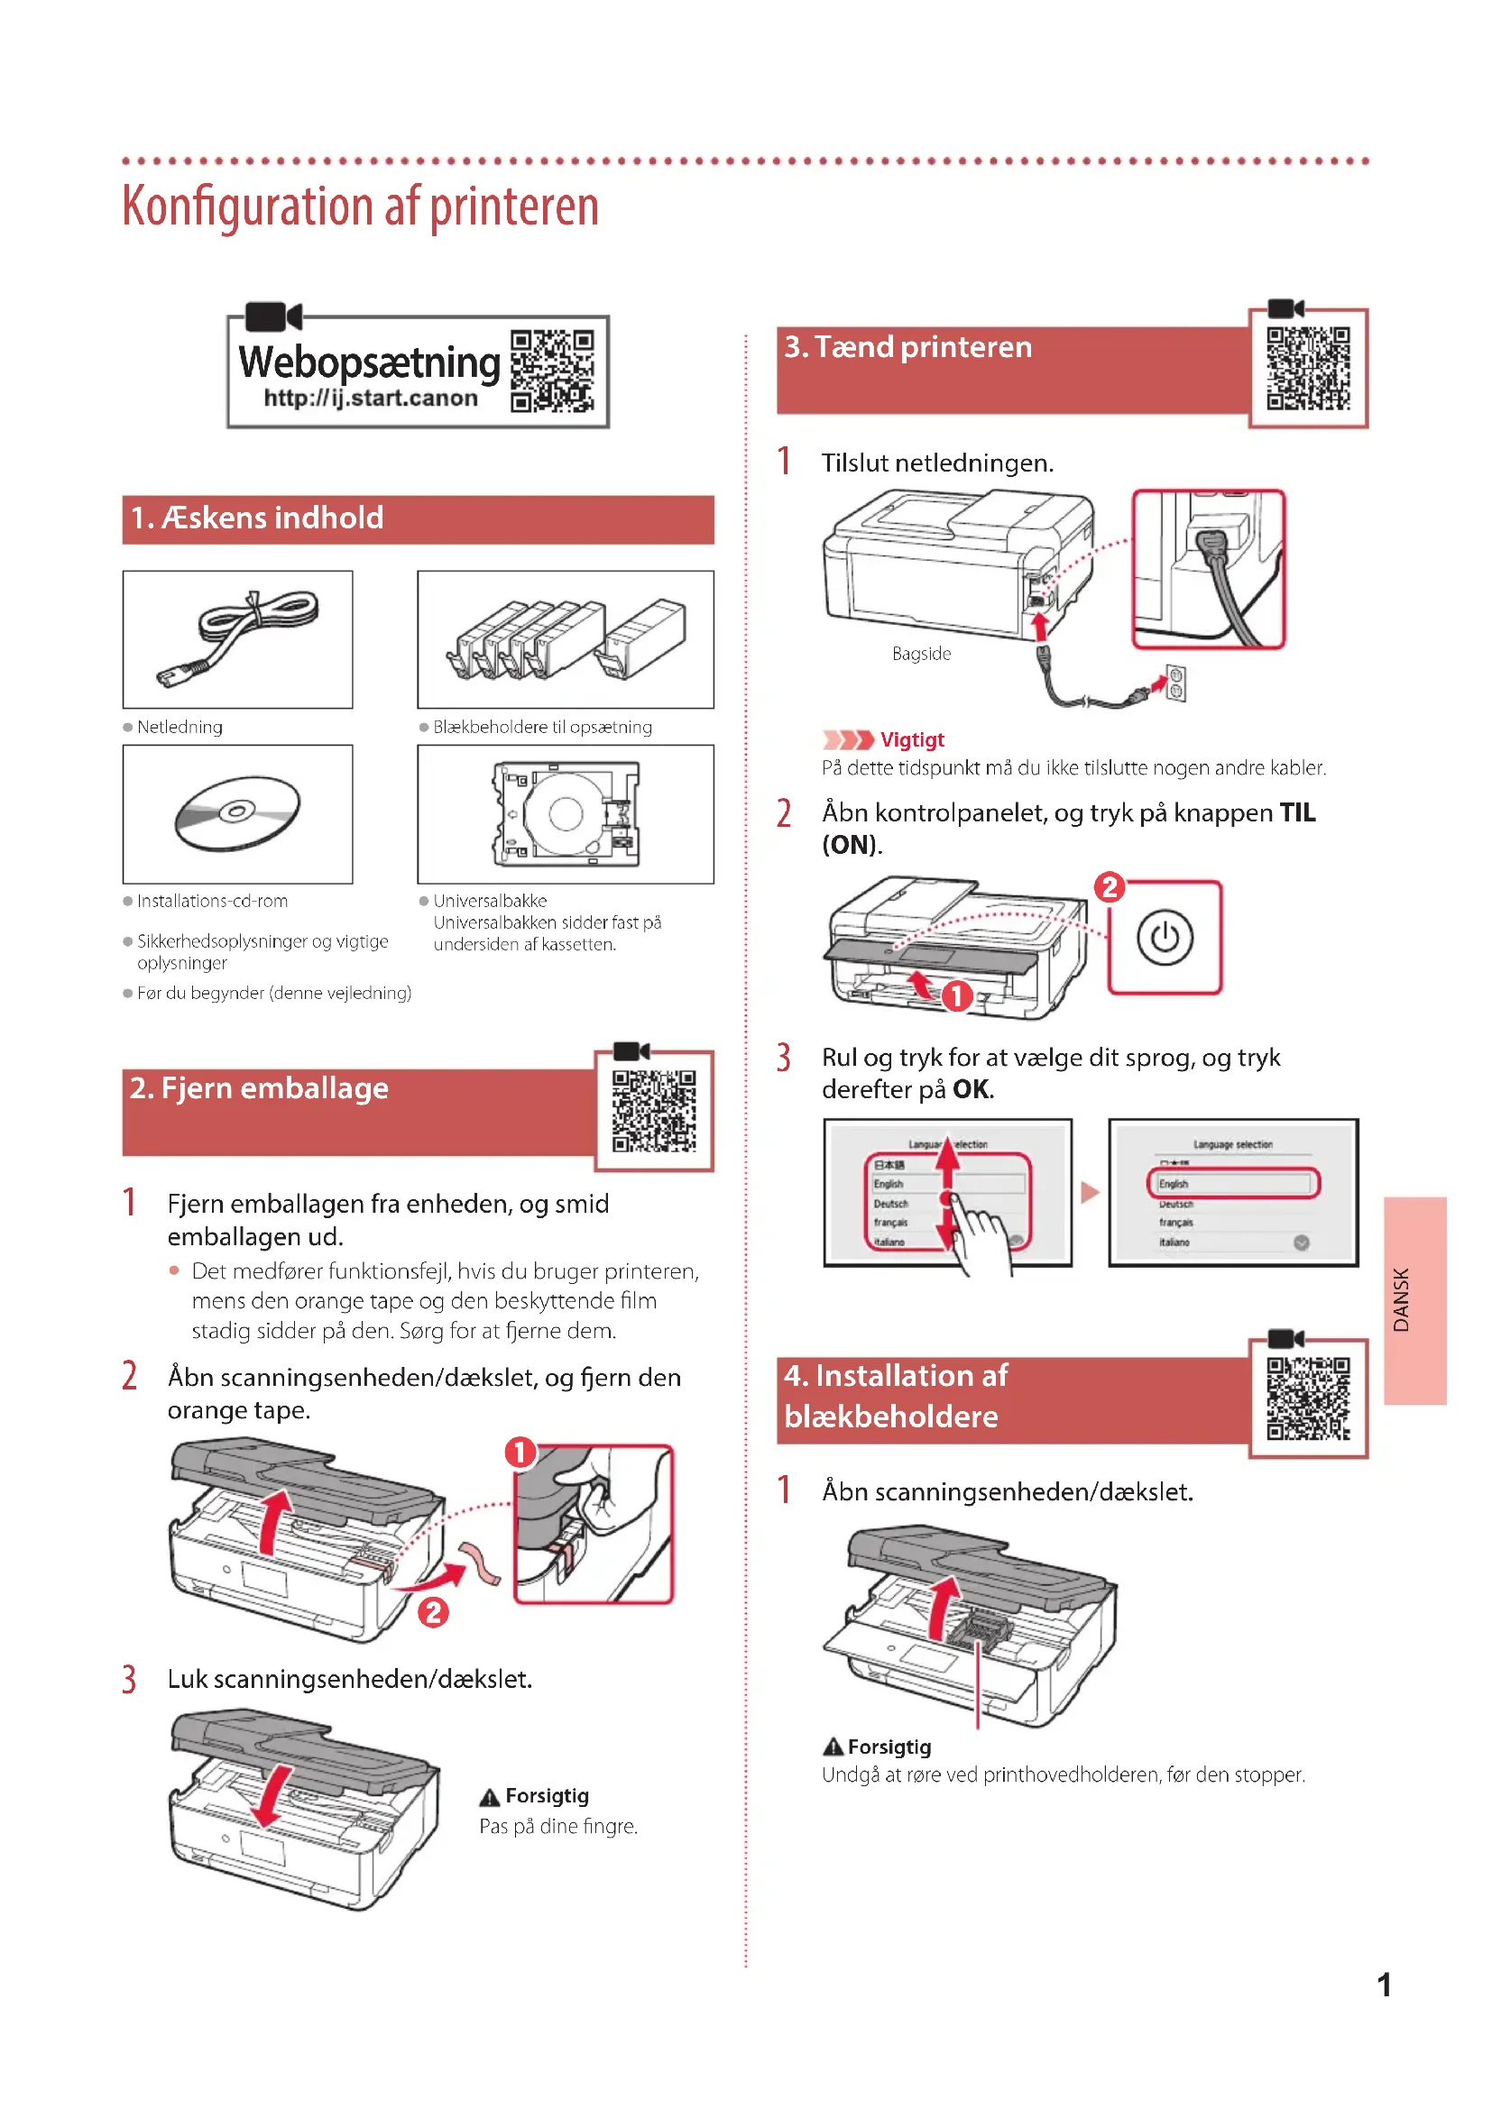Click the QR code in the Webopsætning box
(x=552, y=371)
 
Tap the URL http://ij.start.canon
(x=370, y=399)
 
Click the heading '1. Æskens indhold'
(x=257, y=518)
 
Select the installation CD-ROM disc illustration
(x=237, y=813)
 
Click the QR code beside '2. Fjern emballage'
(x=654, y=1111)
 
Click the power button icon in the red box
(x=1164, y=938)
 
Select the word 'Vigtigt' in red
(x=911, y=740)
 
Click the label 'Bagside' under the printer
(x=921, y=654)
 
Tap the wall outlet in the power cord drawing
(x=1175, y=683)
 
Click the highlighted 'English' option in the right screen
(x=1232, y=1183)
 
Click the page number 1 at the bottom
(x=1384, y=1985)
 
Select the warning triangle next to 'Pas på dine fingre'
(x=491, y=1798)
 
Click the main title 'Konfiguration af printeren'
(x=360, y=206)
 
